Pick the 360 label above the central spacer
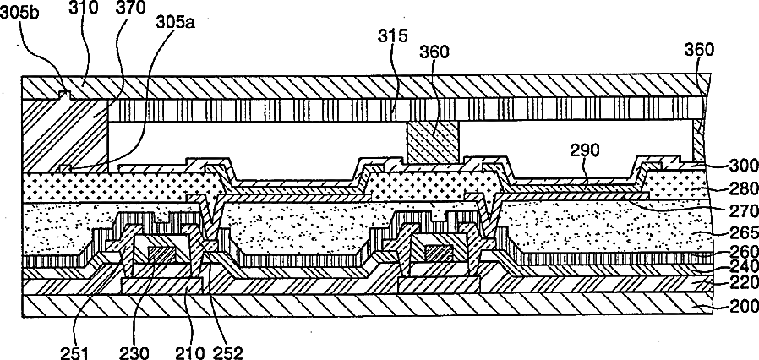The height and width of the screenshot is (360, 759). point(436,51)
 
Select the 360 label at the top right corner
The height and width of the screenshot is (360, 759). point(700,51)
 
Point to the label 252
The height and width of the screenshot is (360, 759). point(227,346)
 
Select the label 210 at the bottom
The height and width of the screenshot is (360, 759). point(185,346)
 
